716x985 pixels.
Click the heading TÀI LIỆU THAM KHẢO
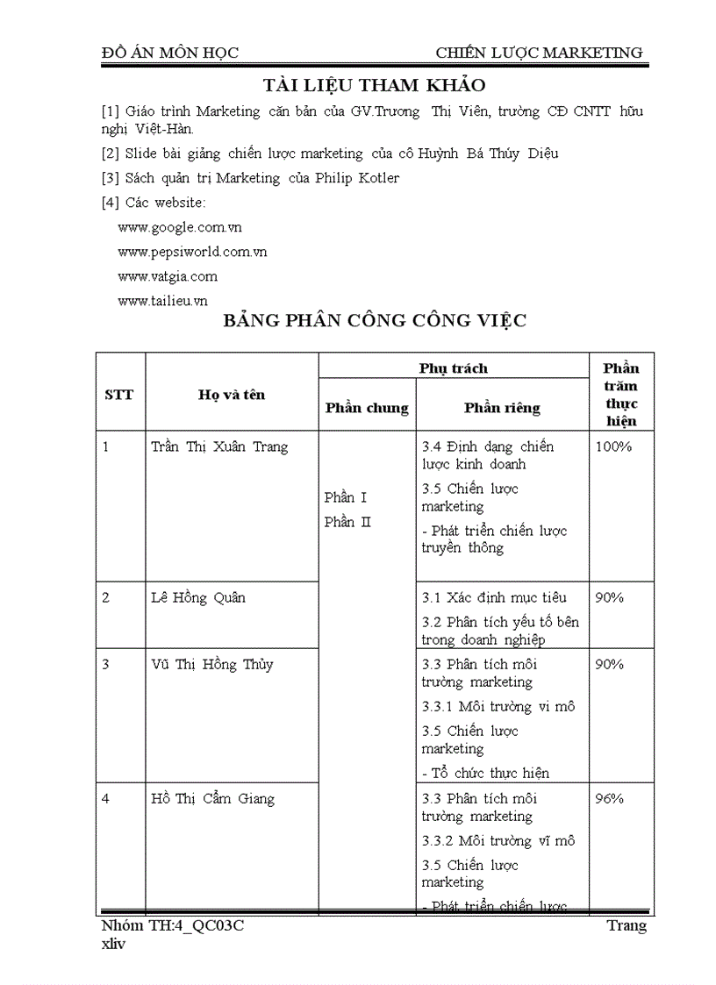pos(374,85)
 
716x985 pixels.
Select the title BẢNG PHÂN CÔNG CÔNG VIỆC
pos(374,320)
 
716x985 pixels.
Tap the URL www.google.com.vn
pos(179,227)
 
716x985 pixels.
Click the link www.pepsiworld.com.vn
pos(192,252)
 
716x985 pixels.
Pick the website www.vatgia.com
pos(167,276)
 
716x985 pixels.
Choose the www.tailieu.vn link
pos(162,301)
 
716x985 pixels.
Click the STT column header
pos(119,395)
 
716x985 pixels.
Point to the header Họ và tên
pos(231,395)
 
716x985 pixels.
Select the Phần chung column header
pos(367,408)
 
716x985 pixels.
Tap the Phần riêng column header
pos(502,408)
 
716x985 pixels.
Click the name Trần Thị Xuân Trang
pos(219,446)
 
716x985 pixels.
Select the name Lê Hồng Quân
pos(198,597)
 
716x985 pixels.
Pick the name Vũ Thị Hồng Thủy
pos(211,664)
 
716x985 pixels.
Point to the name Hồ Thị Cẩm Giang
pos(212,798)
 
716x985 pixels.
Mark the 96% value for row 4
pos(609,798)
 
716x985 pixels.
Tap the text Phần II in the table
pos(347,522)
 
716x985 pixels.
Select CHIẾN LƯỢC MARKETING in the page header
pos(539,54)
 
